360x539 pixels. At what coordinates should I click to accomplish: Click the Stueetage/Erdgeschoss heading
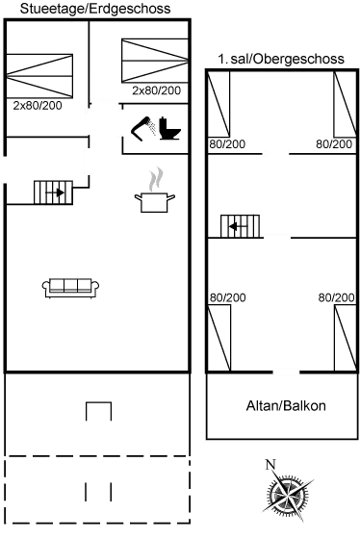[90, 9]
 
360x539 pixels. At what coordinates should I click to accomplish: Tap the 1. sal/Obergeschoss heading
[281, 59]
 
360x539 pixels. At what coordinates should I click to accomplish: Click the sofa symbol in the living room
[70, 285]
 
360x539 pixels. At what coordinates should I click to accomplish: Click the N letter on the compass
[270, 465]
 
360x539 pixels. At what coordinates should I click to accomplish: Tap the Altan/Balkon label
[285, 406]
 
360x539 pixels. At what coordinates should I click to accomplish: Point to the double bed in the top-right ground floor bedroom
[155, 64]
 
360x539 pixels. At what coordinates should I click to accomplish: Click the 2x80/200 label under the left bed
[38, 105]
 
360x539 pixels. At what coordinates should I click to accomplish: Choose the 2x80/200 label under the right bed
[156, 90]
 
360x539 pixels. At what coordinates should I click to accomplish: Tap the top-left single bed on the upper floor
[222, 107]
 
